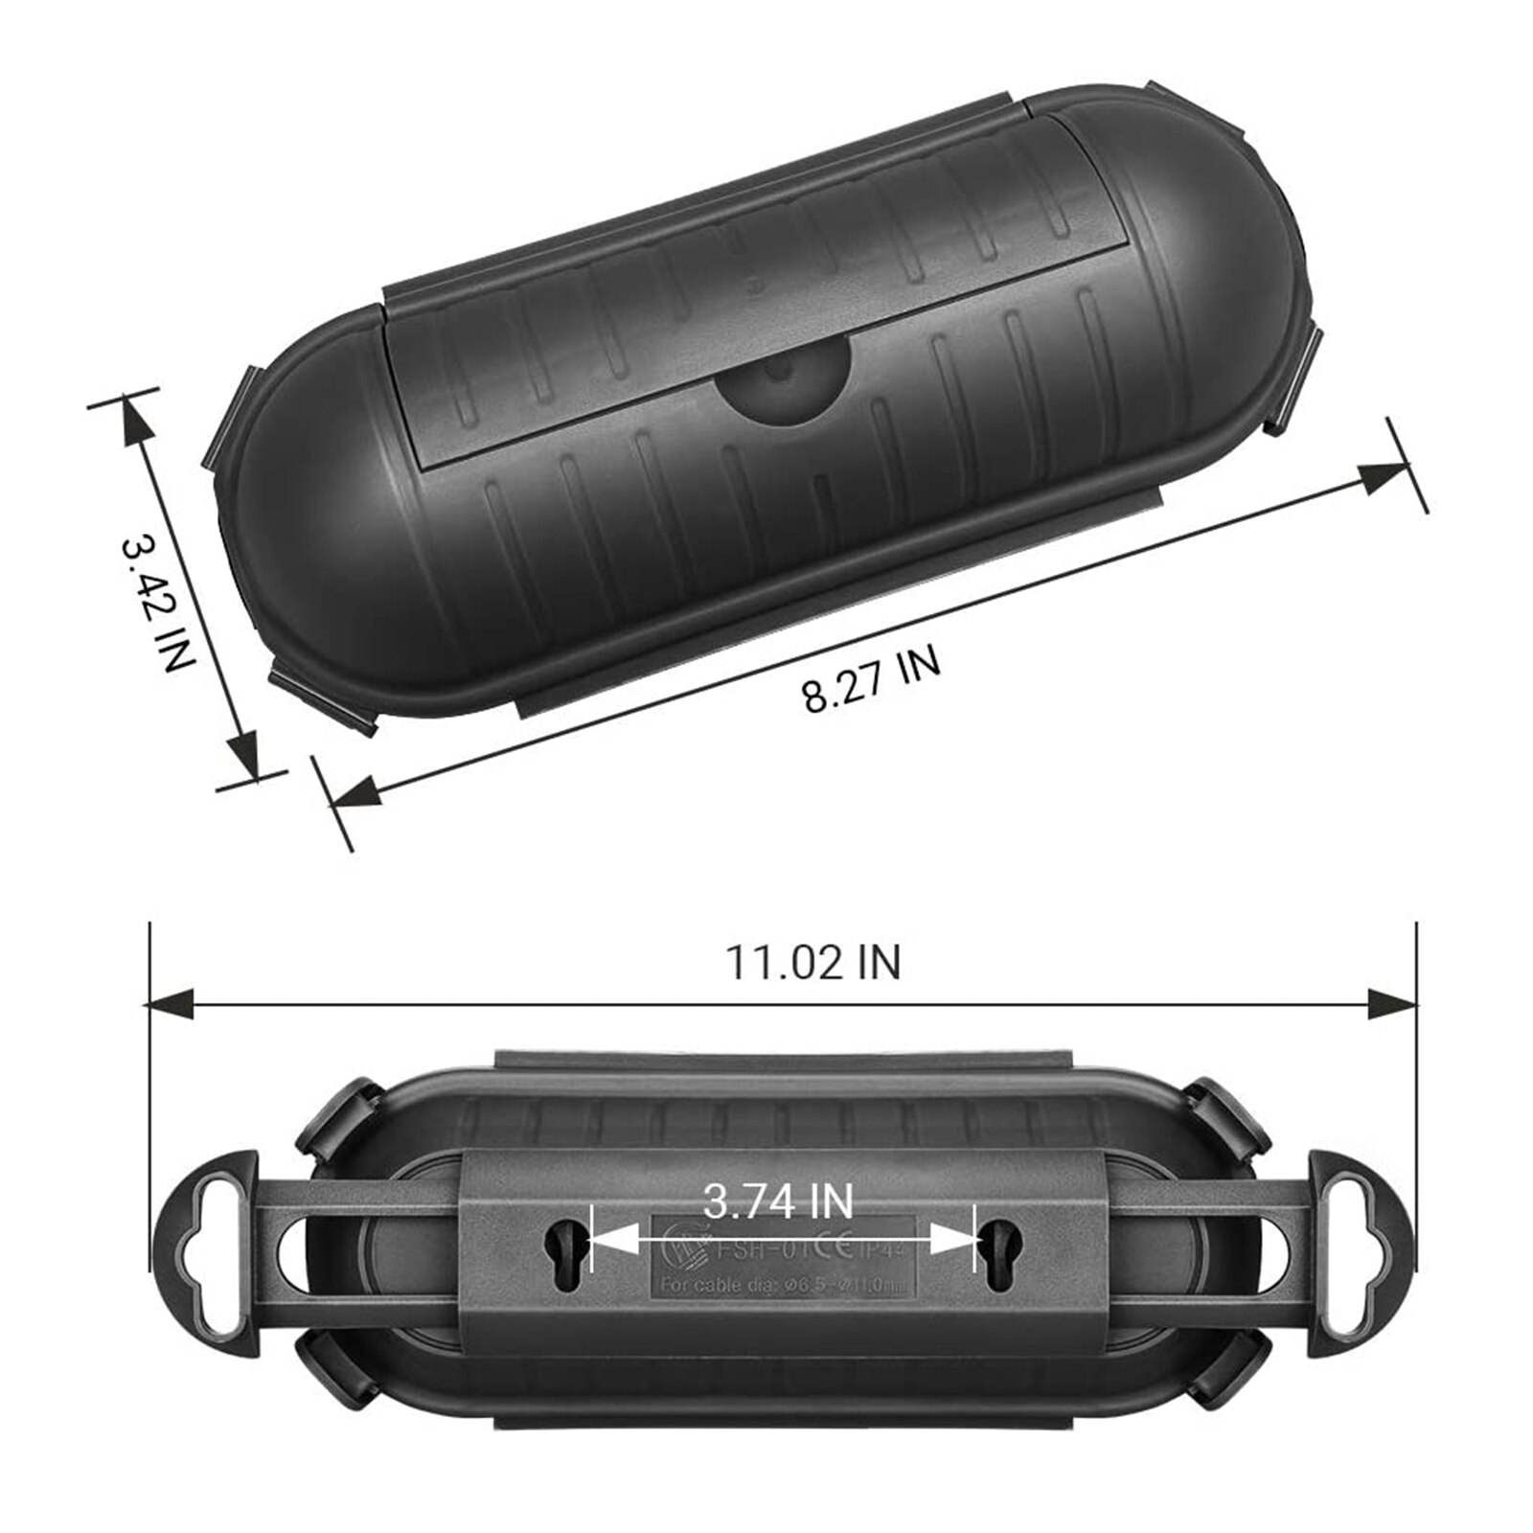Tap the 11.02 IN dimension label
point(813,962)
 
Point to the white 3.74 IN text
point(778,1201)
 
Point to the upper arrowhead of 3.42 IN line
point(133,421)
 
